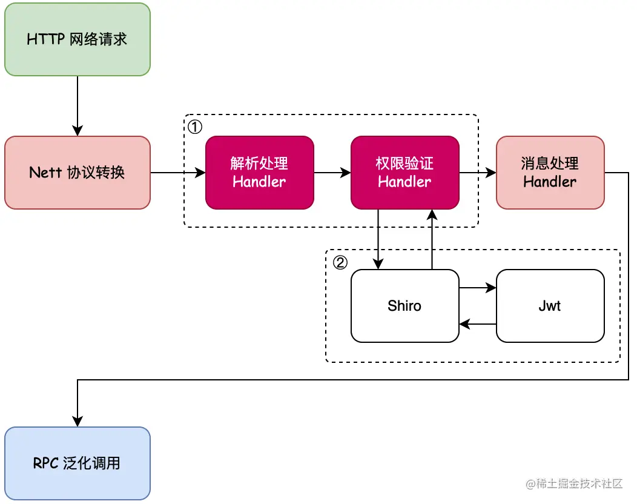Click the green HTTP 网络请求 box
[x=77, y=39]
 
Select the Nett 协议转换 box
[x=77, y=173]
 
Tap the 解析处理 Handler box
[x=260, y=173]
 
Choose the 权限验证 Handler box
[x=405, y=173]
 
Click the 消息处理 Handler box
[x=550, y=173]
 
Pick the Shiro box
[x=405, y=306]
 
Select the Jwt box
[x=550, y=306]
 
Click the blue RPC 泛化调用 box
[x=77, y=463]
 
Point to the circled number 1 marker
[x=195, y=127]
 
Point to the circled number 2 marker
[x=340, y=262]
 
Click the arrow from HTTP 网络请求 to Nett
[x=77, y=106]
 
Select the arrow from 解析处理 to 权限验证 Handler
[x=332, y=173]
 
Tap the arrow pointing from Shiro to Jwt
[x=478, y=288]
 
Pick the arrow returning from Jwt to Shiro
[x=478, y=324]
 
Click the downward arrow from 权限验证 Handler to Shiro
[x=378, y=239]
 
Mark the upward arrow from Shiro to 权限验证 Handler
[x=432, y=239]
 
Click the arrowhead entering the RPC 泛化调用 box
[x=77, y=422]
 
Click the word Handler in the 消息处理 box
[x=550, y=182]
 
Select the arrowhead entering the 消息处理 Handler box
[x=490, y=173]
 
